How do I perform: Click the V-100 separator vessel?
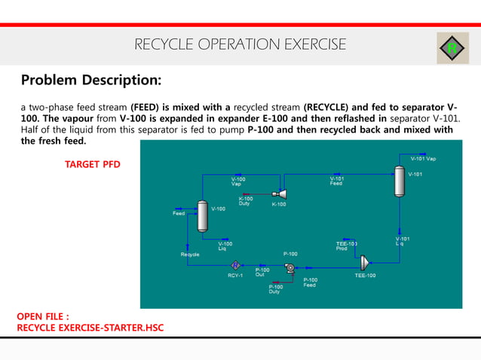click(x=202, y=215)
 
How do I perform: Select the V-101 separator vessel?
click(x=400, y=182)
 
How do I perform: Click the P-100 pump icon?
click(x=290, y=266)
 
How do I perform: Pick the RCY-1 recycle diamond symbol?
click(x=235, y=265)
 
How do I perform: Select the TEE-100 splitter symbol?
click(x=365, y=263)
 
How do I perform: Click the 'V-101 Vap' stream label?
click(x=422, y=158)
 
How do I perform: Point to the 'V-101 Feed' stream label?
click(x=336, y=181)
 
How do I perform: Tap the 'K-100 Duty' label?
click(x=246, y=201)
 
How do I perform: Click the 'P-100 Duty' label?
click(x=276, y=288)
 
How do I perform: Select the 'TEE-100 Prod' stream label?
click(x=346, y=246)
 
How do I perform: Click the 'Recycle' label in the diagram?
click(x=190, y=255)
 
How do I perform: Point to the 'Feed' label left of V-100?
click(x=179, y=213)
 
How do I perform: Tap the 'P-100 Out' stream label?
click(x=262, y=271)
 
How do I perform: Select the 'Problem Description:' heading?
click(x=90, y=80)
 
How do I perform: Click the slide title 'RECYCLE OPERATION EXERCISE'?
click(x=240, y=45)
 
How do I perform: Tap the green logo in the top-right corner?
click(x=452, y=48)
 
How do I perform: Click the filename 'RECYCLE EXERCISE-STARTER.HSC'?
click(x=90, y=328)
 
